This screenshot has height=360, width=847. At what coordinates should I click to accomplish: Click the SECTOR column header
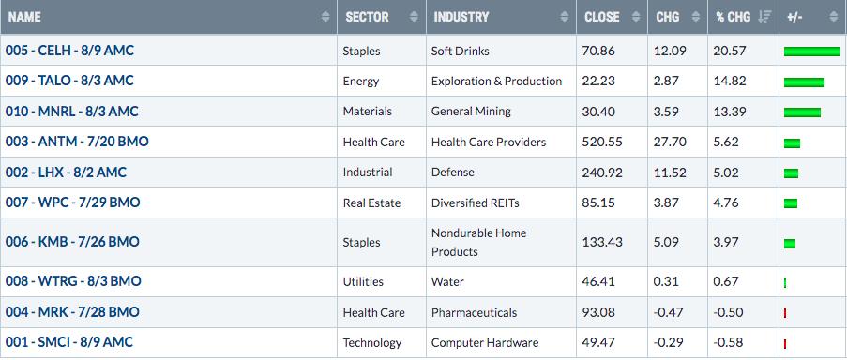coord(367,17)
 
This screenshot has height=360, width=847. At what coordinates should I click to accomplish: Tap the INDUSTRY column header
coord(461,17)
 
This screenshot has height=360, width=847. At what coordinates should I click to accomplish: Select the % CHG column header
coord(733,17)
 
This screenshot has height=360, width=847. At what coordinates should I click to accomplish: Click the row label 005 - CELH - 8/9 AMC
coord(69,51)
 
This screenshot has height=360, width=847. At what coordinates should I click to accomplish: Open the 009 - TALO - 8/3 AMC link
coord(69,81)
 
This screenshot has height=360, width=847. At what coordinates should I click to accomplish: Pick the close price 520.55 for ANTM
coord(602,142)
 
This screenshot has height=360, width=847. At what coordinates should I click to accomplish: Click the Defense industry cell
coord(453,172)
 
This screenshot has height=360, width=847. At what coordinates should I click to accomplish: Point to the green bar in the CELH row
coord(812,52)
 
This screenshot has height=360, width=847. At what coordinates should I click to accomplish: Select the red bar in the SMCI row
coord(785,344)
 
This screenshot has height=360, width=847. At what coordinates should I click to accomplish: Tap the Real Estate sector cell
coord(371,202)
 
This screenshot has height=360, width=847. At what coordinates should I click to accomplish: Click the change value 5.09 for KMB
coord(667,242)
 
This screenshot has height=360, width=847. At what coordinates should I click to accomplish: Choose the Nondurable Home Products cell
coord(478,242)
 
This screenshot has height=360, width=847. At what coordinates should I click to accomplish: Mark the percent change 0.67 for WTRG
coord(725,282)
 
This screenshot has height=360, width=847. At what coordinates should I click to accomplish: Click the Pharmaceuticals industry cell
coord(474,312)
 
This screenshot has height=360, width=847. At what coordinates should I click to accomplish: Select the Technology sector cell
coord(372,343)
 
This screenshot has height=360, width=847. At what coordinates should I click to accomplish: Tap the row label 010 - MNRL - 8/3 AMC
coord(72,112)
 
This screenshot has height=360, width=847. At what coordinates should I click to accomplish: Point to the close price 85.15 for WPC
coord(598,202)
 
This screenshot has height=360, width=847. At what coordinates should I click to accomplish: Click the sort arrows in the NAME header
coord(325,17)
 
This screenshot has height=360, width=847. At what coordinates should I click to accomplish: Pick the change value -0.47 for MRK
coord(670,312)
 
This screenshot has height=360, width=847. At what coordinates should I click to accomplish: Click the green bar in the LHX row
coord(791,173)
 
